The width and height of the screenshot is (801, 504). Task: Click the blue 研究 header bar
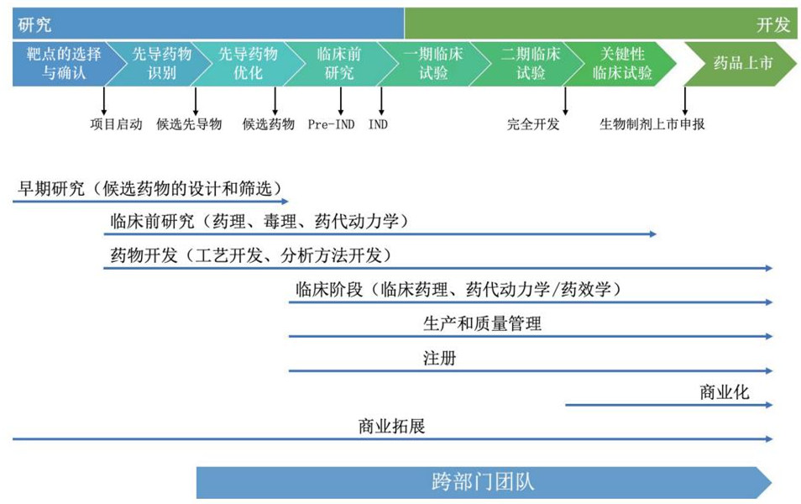click(208, 24)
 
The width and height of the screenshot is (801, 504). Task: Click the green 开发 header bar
click(600, 24)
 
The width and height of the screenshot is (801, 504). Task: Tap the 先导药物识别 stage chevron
click(159, 63)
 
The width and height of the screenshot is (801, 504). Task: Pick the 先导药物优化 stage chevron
click(245, 63)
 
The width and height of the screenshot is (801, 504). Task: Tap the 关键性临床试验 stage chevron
click(620, 63)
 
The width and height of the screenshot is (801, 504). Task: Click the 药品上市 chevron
click(741, 63)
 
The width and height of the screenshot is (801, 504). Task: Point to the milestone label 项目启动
click(116, 124)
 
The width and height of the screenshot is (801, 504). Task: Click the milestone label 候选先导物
click(189, 124)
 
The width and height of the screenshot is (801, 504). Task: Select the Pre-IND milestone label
click(331, 124)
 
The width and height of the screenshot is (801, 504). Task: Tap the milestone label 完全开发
click(533, 124)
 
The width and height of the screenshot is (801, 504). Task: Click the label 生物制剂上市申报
click(652, 124)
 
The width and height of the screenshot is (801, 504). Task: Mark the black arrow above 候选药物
click(275, 101)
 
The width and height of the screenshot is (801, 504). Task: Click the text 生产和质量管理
click(482, 323)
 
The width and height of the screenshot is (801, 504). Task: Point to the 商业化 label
click(725, 392)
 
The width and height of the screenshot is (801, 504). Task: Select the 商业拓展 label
click(392, 426)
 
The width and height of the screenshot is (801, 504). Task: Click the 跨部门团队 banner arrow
click(484, 482)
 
